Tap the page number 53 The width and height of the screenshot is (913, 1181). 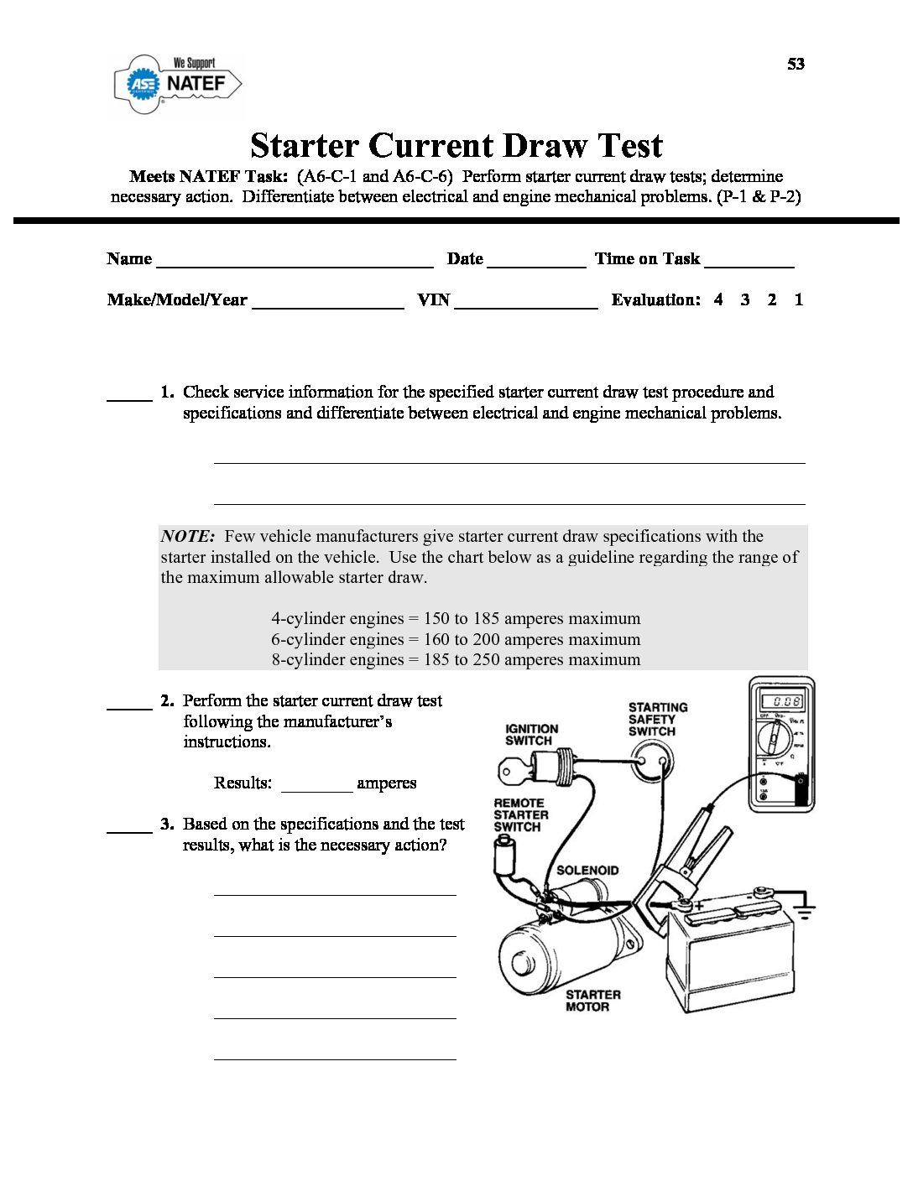(x=796, y=65)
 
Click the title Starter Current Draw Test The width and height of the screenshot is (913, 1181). (x=456, y=145)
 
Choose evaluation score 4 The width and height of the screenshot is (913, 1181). (x=718, y=299)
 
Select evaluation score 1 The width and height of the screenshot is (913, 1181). (x=799, y=299)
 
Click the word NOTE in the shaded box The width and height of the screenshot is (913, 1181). (x=188, y=537)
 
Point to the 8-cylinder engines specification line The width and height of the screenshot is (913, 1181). (x=455, y=660)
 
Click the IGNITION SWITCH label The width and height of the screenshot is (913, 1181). (x=531, y=735)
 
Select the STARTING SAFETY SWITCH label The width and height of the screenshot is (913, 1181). (x=657, y=720)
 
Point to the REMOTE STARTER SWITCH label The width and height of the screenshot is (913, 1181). (x=520, y=814)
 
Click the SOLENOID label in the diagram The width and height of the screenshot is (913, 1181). (x=587, y=871)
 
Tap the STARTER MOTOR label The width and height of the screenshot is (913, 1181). (x=592, y=1001)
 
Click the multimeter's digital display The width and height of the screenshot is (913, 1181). (x=780, y=701)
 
